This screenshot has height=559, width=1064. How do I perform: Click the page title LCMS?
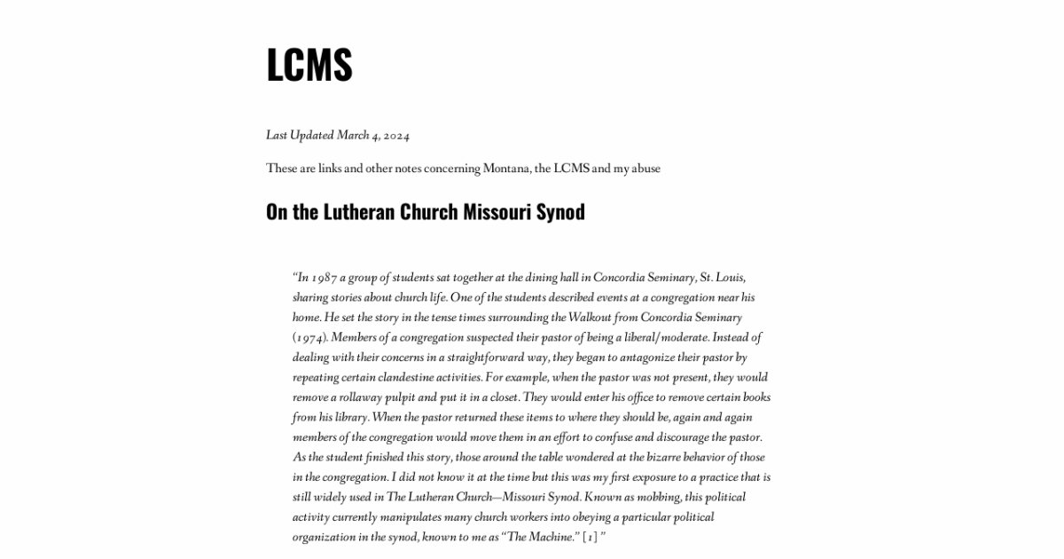pos(309,65)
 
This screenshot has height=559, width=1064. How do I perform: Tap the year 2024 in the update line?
pos(396,136)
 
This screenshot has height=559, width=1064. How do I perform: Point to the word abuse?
pos(645,168)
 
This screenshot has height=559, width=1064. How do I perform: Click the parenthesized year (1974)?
pos(309,338)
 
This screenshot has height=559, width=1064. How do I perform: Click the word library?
pos(349,417)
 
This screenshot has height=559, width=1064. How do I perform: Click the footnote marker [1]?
pos(590,537)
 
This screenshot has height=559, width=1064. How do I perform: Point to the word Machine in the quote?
pos(554,537)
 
